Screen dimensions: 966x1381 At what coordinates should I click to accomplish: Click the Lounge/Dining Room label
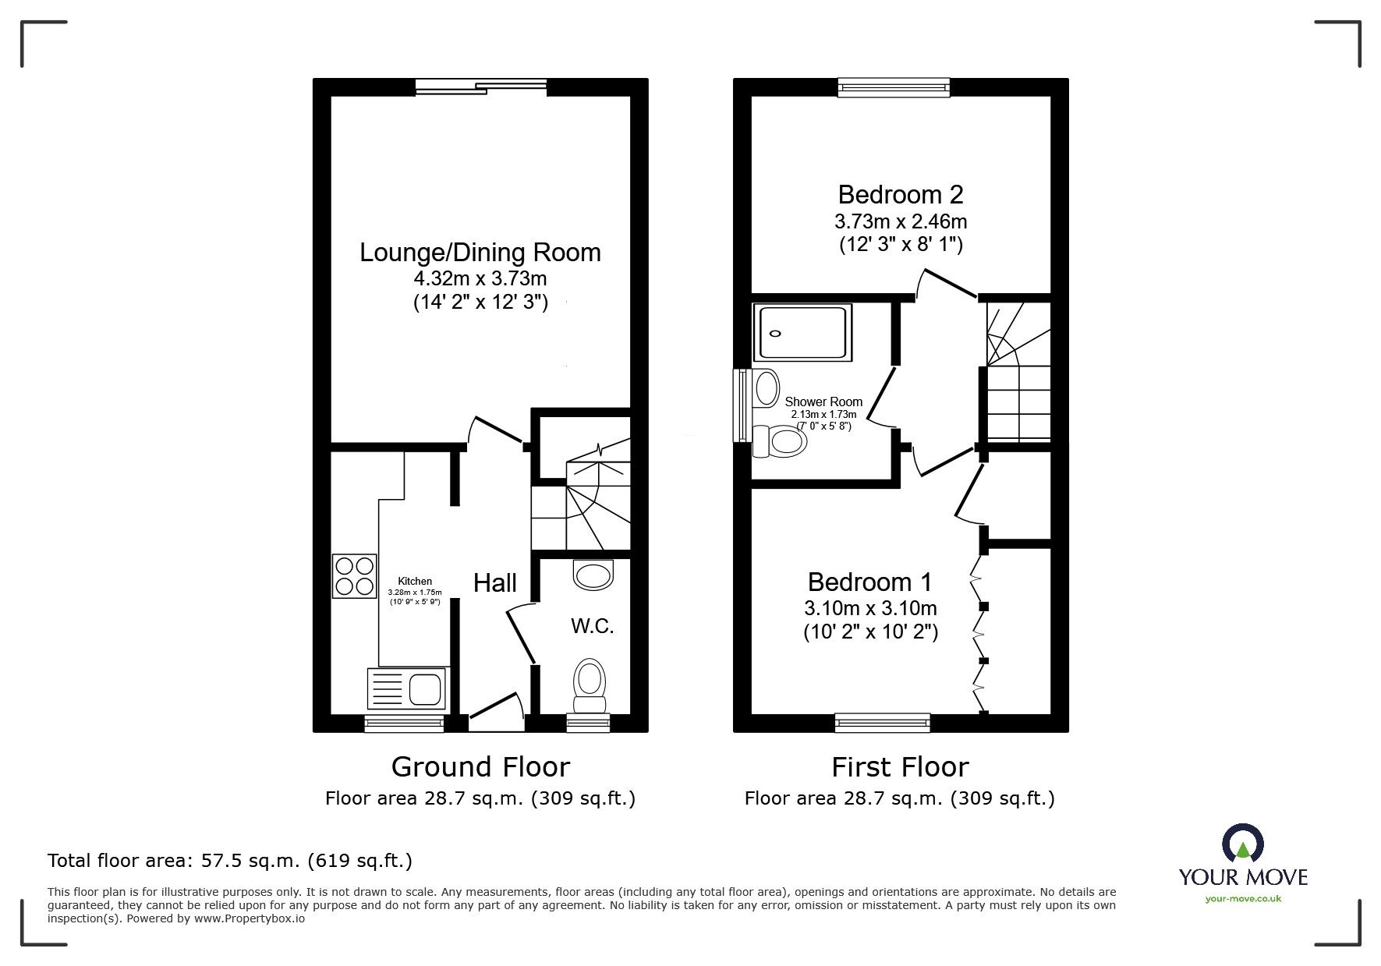click(480, 253)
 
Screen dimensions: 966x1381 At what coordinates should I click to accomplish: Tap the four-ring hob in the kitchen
click(354, 575)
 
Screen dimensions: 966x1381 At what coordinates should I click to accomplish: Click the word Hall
click(495, 582)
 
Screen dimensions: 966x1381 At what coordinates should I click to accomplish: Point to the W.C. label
click(592, 625)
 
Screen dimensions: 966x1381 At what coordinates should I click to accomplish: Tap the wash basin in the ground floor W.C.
click(593, 575)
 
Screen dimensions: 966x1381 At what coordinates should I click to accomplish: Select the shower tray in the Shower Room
click(802, 333)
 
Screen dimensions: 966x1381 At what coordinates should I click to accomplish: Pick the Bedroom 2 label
click(900, 194)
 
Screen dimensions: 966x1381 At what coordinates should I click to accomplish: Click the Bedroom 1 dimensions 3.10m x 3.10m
click(870, 607)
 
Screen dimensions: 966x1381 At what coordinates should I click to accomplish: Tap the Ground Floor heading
click(480, 767)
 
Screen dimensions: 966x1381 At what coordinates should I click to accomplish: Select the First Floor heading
click(900, 767)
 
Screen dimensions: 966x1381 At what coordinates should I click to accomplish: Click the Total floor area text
click(230, 861)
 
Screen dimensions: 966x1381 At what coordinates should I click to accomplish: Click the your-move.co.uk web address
click(1243, 899)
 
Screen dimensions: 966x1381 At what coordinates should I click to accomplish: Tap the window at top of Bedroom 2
click(894, 87)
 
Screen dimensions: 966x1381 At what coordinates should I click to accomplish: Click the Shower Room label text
click(823, 402)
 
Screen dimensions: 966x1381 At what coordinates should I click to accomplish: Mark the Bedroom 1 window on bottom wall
click(882, 723)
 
